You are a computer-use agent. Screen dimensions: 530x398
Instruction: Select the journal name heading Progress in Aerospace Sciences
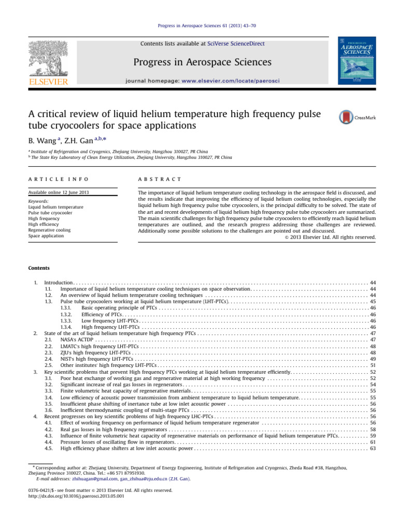[202, 63]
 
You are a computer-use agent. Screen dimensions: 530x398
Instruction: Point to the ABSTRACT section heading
[159, 179]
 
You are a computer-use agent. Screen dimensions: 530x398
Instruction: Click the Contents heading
[39, 268]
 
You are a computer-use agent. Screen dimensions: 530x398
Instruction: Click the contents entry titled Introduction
[60, 283]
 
